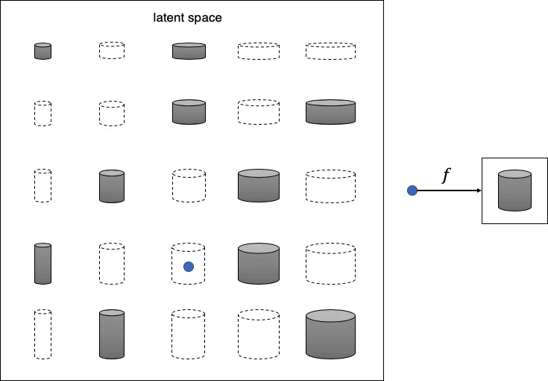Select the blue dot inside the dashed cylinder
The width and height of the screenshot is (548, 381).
tap(189, 267)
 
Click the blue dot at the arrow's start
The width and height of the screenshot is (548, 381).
tap(412, 191)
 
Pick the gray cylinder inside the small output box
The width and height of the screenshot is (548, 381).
tap(515, 190)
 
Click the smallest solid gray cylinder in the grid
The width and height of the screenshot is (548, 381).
tap(43, 51)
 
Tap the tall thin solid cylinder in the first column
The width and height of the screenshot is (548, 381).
tap(43, 263)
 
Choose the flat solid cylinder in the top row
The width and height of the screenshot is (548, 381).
tap(189, 51)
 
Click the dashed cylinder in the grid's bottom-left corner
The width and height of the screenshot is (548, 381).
tap(43, 334)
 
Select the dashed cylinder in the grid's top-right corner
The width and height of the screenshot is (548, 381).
tap(330, 51)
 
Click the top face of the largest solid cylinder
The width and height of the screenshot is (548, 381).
tap(330, 315)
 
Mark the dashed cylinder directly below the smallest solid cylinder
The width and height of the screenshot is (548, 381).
tap(43, 113)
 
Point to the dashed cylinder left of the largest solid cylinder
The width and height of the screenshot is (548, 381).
tap(259, 334)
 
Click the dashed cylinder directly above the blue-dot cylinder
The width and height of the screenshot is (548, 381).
tap(189, 185)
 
